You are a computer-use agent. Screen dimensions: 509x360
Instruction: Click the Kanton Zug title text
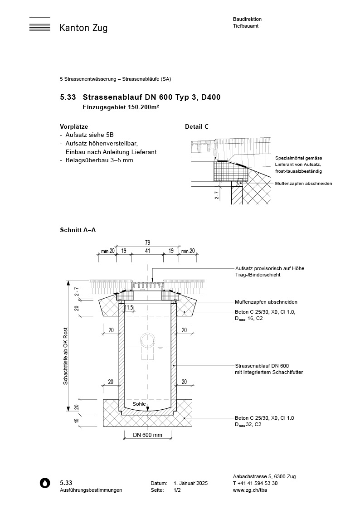tap(83, 28)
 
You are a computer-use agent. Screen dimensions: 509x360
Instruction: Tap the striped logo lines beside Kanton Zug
tap(39, 24)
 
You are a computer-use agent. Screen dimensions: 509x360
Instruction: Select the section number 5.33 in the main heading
tap(68, 97)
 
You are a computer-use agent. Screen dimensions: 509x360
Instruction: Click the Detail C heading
tap(197, 127)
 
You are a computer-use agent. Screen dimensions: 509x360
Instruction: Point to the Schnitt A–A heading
tap(78, 230)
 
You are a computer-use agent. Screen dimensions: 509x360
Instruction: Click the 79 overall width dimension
tap(147, 242)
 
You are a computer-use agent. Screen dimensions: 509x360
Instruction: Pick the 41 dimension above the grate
tap(147, 250)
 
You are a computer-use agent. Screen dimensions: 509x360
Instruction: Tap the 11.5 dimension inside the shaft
tap(129, 308)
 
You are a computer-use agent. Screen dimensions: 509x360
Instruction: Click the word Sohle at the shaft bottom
tap(139, 403)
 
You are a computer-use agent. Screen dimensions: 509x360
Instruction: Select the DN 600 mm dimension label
tap(147, 435)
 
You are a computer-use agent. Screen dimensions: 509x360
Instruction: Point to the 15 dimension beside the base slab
tap(76, 420)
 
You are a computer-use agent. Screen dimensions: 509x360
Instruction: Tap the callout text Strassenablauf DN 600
tap(262, 366)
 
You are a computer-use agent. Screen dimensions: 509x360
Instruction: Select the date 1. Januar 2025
tap(190, 484)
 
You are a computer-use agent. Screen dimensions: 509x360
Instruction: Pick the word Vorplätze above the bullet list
tap(74, 127)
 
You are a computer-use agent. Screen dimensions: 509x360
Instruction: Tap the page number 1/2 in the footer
tap(177, 490)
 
